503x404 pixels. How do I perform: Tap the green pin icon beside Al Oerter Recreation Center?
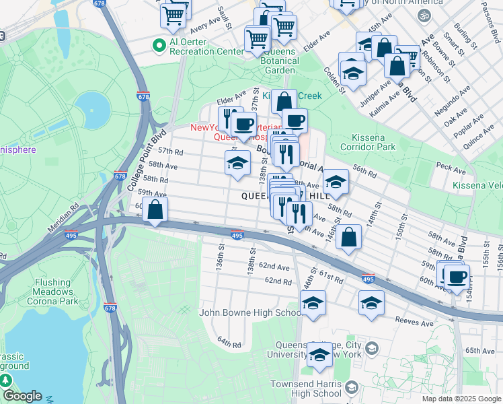point(159,46)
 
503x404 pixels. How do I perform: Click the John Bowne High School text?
point(250,312)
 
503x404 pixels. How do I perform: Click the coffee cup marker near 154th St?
point(457,276)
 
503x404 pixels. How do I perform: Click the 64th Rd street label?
point(229,343)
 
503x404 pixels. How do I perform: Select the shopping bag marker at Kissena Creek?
point(284,101)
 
